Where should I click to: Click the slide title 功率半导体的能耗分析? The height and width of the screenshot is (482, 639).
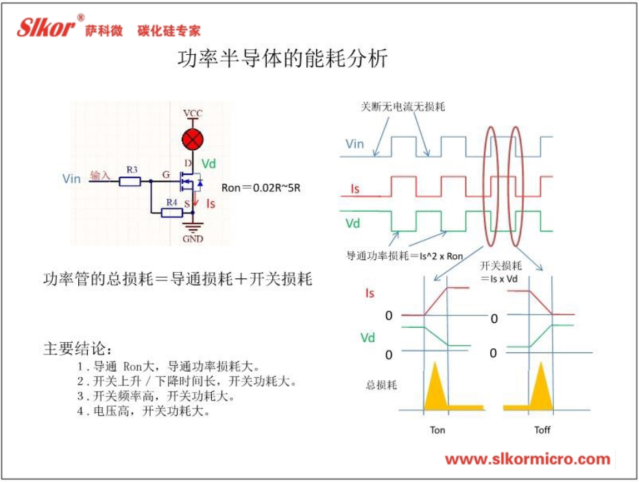(282, 59)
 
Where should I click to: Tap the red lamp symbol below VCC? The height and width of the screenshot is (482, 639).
(193, 140)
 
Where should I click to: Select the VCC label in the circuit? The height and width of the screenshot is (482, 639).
(193, 112)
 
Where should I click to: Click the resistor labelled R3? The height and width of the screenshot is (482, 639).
(130, 181)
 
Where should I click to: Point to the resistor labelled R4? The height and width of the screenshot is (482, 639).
(171, 213)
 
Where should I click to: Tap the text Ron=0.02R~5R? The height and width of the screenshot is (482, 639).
(261, 187)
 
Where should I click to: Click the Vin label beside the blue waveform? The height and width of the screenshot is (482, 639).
(354, 144)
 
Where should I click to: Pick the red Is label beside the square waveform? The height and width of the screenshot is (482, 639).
(354, 187)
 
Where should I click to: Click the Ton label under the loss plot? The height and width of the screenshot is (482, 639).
(437, 430)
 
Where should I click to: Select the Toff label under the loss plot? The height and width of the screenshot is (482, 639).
(542, 430)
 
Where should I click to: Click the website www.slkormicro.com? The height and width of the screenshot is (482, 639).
(527, 459)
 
